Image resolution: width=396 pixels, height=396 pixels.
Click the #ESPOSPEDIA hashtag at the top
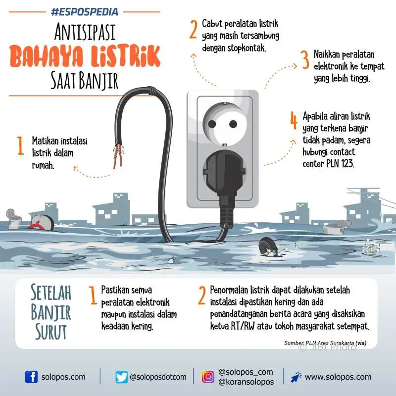tap(85, 11)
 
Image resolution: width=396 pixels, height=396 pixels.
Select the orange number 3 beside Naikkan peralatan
tap(305, 59)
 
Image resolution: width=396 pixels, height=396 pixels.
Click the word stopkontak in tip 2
tap(247, 48)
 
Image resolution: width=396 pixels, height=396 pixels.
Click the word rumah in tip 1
tap(43, 165)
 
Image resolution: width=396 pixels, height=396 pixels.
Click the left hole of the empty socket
tap(212, 124)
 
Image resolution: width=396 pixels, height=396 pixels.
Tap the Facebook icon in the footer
tap(31, 377)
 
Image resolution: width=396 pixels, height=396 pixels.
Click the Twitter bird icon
tap(121, 377)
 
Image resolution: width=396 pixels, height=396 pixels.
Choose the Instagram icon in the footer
tap(208, 377)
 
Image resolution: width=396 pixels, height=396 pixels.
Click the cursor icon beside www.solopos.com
tap(296, 377)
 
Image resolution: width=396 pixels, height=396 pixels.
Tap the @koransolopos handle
tap(246, 382)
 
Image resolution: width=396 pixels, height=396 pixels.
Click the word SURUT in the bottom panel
tap(51, 331)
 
